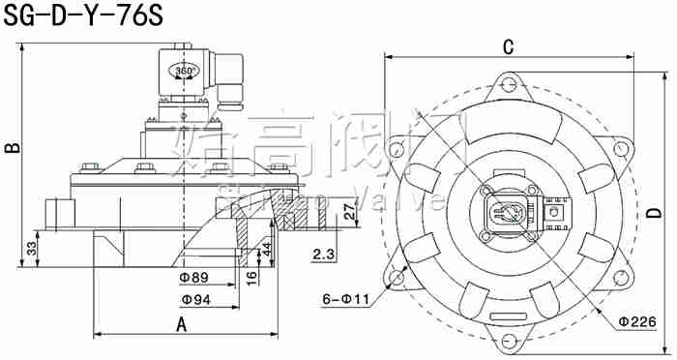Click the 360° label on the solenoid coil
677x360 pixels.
pos(184,72)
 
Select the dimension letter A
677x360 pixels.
pos(181,324)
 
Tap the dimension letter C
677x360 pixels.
pos(507,46)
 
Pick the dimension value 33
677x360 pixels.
pos(31,249)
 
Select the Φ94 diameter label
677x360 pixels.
pos(194,300)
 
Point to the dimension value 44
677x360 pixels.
pos(267,249)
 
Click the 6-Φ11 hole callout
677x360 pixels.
pos(344,300)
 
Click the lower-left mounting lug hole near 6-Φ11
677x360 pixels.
pos(396,277)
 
